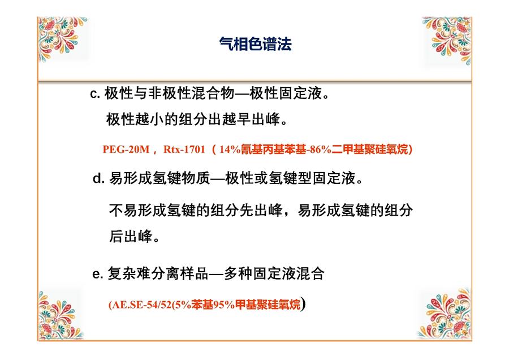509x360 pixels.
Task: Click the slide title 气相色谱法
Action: tap(255, 44)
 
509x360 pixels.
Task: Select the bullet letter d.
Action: tap(98, 178)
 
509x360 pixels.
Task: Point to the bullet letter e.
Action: tap(97, 273)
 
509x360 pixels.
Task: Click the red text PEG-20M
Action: tap(126, 149)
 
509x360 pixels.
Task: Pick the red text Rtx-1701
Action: tap(184, 149)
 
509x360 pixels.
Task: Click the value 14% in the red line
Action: tap(230, 149)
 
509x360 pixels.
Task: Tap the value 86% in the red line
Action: tap(321, 149)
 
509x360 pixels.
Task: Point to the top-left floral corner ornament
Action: tap(62, 38)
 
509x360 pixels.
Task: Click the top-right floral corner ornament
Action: tap(447, 40)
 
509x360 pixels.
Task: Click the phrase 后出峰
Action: tap(131, 236)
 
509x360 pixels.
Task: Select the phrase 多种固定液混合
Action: tap(274, 273)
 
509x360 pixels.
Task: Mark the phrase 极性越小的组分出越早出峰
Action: tap(193, 119)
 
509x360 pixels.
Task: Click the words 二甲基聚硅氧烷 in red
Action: tap(370, 149)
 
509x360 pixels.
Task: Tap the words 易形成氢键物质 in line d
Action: tap(159, 178)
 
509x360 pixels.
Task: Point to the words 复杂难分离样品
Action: tap(158, 273)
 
